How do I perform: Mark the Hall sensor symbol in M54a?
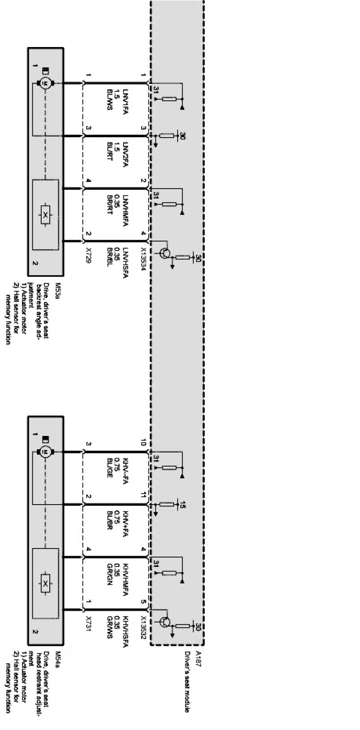pos(45,583)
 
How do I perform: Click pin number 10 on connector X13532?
pos(143,443)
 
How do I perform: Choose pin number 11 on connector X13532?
pos(143,497)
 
